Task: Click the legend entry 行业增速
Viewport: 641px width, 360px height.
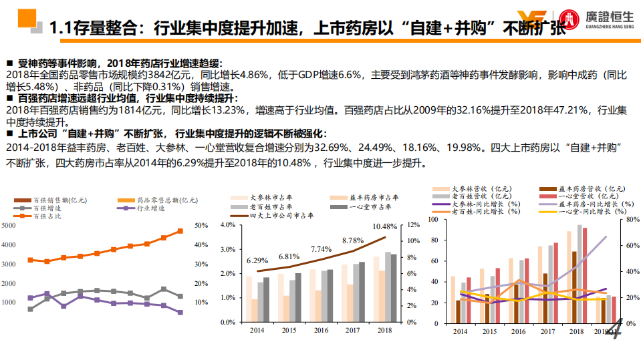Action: coord(146,208)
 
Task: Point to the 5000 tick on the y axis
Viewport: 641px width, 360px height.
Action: coord(9,226)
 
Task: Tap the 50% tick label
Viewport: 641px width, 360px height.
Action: coord(201,226)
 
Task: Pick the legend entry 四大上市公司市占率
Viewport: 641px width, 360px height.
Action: coord(281,216)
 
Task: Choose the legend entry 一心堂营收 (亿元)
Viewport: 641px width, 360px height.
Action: coord(580,196)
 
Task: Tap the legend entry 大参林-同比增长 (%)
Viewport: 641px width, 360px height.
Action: coord(480,204)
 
